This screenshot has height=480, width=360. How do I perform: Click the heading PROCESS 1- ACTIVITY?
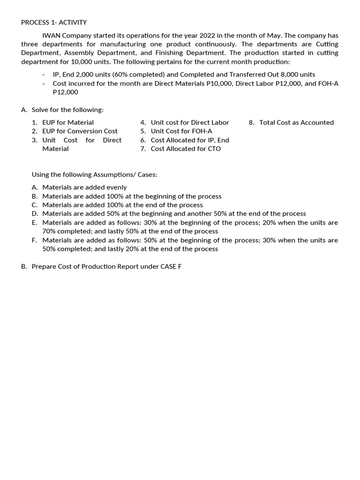(54, 22)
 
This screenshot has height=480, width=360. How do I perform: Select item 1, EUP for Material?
(67, 122)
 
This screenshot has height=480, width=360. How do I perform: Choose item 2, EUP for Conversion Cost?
(80, 131)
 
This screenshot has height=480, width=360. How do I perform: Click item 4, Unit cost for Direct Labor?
(189, 122)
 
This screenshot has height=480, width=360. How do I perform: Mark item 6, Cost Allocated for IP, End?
(189, 140)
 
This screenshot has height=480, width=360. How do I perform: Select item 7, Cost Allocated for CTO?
(186, 149)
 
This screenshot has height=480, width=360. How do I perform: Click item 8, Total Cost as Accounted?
(296, 122)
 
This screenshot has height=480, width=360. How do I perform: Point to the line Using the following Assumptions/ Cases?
(94, 174)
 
